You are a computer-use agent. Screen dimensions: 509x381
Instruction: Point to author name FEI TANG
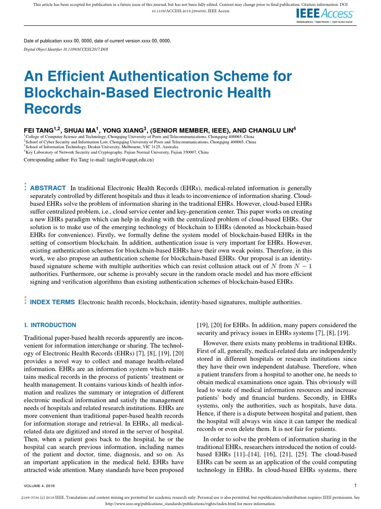[x=40, y=130]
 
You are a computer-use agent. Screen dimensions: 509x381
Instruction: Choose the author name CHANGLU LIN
[x=268, y=130]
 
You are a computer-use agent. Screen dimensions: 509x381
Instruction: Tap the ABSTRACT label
[x=48, y=188]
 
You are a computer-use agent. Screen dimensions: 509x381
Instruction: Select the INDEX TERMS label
[x=53, y=302]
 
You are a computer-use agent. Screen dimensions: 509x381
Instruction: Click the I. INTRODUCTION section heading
[x=50, y=325]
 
